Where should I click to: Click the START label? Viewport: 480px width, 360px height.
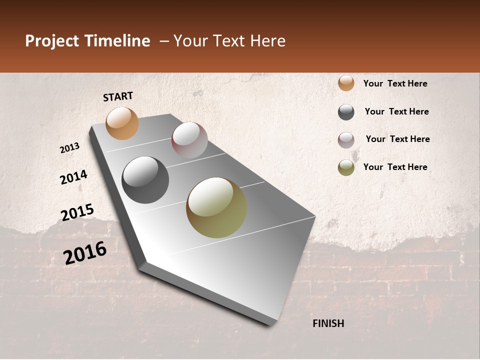[118, 96]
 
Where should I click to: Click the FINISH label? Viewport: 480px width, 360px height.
[328, 323]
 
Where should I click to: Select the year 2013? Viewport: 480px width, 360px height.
[69, 148]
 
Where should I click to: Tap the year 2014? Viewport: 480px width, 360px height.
[73, 177]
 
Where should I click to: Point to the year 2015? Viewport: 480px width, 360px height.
[77, 212]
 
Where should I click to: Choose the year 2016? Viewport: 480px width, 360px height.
[85, 252]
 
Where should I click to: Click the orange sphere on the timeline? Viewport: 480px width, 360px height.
[122, 123]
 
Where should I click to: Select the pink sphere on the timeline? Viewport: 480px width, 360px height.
[189, 140]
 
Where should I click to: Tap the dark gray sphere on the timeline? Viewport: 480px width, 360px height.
[145, 180]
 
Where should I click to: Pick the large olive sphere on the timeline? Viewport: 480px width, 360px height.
[216, 207]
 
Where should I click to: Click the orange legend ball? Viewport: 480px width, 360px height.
[346, 83]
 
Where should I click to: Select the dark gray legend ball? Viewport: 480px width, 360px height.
[346, 112]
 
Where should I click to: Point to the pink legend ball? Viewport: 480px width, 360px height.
[346, 140]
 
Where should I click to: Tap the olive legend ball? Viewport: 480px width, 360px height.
[346, 168]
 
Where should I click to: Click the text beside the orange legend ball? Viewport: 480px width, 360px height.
[395, 83]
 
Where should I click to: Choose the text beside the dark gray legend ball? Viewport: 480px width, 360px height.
[396, 111]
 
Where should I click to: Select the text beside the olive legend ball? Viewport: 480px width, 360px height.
[395, 167]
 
